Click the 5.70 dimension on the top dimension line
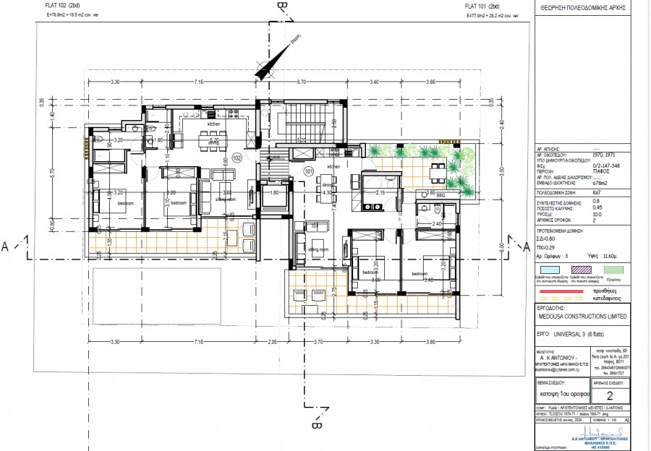(302, 82)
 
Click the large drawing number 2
(608, 395)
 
